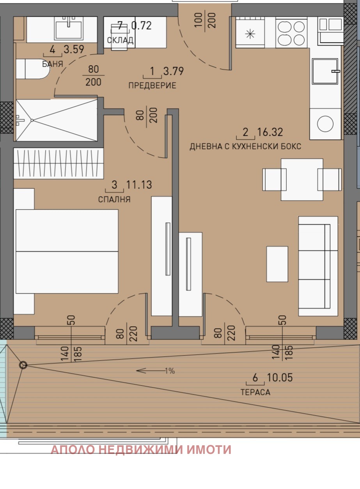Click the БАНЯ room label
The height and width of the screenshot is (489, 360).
pyautogui.click(x=53, y=64)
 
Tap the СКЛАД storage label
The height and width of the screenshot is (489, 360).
pyautogui.click(x=120, y=40)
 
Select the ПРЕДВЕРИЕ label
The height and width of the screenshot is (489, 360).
pyautogui.click(x=152, y=85)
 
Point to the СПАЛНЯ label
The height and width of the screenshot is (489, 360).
pyautogui.click(x=114, y=199)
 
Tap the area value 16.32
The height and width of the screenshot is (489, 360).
pyautogui.click(x=270, y=132)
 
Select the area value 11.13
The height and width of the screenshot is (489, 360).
pyautogui.click(x=139, y=185)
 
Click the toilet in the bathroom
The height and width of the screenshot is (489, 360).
pyautogui.click(x=33, y=69)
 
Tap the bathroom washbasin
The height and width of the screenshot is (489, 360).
pyautogui.click(x=69, y=28)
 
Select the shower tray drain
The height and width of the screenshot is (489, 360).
pyautogui.click(x=32, y=120)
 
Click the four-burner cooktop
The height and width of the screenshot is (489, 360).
pyautogui.click(x=291, y=33)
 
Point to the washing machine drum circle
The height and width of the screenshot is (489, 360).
pyautogui.click(x=325, y=124)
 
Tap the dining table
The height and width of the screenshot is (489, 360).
pyautogui.click(x=302, y=180)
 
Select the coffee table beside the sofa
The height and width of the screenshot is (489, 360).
pyautogui.click(x=277, y=264)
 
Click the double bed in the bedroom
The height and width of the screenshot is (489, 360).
pyautogui.click(x=67, y=251)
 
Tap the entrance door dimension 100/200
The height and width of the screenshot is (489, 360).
pyautogui.click(x=205, y=20)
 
